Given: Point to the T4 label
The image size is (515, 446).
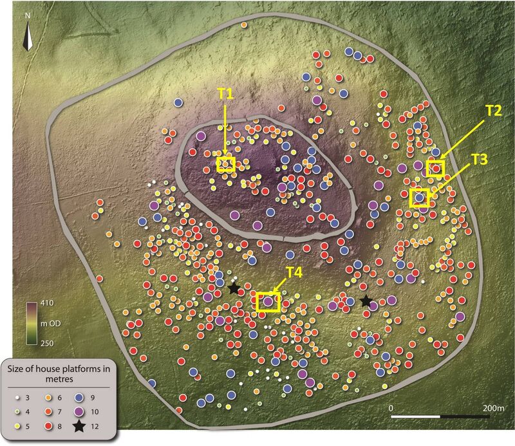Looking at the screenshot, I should [x=294, y=272].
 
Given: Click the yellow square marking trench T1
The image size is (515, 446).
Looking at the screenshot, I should [x=225, y=164].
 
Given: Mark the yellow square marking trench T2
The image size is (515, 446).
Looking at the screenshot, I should [x=436, y=169].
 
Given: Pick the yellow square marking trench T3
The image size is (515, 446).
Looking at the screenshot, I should [x=420, y=197].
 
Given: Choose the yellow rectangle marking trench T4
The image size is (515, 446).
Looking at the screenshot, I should [x=268, y=301].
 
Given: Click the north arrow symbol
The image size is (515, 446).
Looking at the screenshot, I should [x=26, y=37].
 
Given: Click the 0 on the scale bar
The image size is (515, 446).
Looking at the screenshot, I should [x=391, y=408].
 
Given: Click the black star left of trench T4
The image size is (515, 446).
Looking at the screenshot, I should [x=234, y=289].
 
